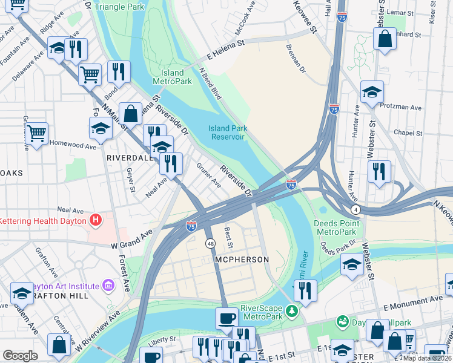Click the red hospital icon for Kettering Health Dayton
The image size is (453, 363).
[95, 220]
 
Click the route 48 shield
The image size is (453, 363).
[210, 243]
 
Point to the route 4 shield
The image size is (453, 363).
[355, 209]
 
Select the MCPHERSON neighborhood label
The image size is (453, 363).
[241, 259]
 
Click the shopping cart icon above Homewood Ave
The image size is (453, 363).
[37, 131]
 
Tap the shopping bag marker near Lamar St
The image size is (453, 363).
[385, 39]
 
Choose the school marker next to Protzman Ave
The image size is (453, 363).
[372, 92]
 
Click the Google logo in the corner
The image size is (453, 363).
[20, 356]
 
